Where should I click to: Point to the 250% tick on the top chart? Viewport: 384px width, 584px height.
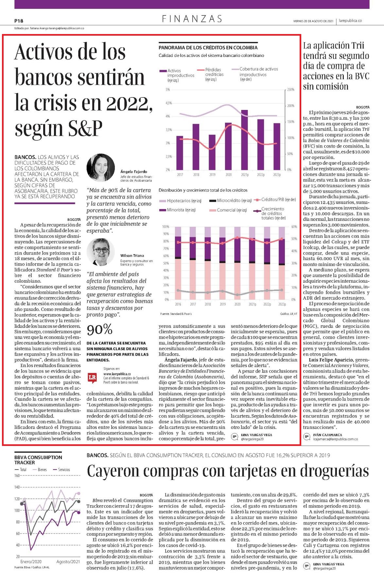[291, 90]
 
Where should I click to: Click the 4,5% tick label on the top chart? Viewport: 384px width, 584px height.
[169, 103]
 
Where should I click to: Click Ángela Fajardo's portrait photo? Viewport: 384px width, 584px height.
[101, 168]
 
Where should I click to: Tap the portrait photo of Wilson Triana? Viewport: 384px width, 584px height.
[101, 252]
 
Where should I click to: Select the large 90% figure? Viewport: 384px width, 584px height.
[99, 329]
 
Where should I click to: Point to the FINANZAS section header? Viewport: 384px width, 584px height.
[192, 19]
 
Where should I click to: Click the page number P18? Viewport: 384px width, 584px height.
[19, 21]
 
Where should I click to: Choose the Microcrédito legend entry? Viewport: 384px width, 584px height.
[230, 201]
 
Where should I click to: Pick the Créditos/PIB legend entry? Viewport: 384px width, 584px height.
[274, 200]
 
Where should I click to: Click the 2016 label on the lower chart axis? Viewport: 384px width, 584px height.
[178, 304]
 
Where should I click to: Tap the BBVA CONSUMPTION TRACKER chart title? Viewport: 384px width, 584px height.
[38, 460]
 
